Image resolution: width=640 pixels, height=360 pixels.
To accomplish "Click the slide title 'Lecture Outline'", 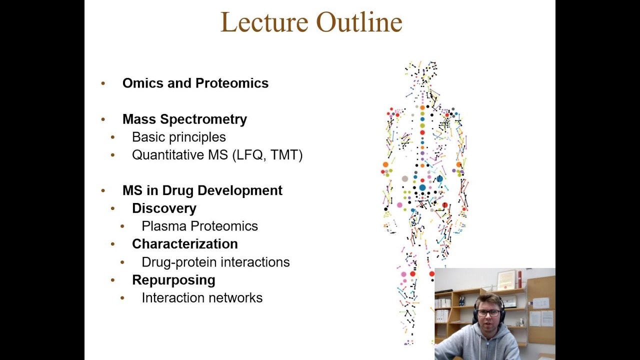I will [311, 22].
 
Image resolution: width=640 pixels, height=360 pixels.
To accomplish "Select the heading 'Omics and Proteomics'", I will [195, 83].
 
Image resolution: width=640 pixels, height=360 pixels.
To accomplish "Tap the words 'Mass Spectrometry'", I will [184, 119].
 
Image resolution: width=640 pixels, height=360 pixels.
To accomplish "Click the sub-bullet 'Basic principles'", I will [178, 137].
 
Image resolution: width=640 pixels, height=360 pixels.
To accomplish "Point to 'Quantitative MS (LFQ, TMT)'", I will [217, 155].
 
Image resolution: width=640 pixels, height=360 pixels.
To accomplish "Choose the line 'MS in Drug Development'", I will [202, 190].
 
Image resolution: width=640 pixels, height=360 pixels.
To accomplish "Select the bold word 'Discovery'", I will [164, 208].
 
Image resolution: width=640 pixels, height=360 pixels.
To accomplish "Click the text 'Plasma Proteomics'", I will [199, 226].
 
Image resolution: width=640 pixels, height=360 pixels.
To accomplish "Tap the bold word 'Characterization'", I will [184, 244].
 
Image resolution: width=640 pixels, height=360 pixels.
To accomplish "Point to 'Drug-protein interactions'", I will [215, 262].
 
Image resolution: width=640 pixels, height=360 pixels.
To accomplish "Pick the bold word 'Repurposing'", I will [173, 280].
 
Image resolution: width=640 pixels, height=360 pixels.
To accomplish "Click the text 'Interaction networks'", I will [202, 298].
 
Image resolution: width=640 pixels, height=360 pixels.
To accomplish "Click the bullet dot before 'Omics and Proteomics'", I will [103, 83].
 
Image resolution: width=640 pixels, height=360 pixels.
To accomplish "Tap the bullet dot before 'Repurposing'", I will [113, 280].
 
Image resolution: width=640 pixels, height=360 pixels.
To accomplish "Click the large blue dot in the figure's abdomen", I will [422, 187].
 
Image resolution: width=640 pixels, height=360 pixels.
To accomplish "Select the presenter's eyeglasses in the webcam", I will [488, 313].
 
